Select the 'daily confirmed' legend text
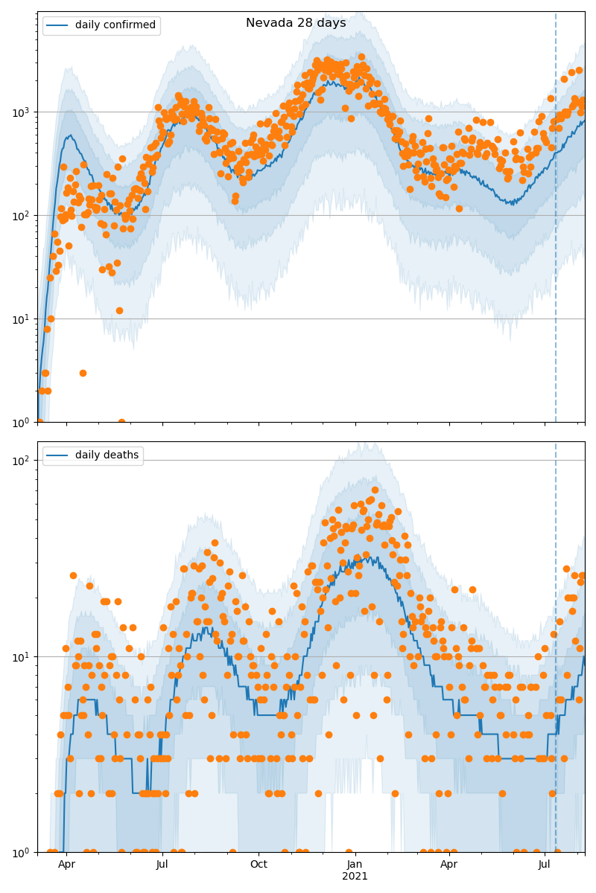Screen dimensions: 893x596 pyautogui.click(x=115, y=25)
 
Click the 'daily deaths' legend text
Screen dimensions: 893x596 pyautogui.click(x=107, y=455)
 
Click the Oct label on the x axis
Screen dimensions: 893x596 pyautogui.click(x=259, y=864)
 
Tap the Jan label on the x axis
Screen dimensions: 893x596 pyautogui.click(x=355, y=864)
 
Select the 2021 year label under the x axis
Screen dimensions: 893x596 pyautogui.click(x=355, y=876)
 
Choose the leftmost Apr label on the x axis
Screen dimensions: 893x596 pyautogui.click(x=66, y=864)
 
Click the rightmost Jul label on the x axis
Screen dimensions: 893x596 pyautogui.click(x=545, y=864)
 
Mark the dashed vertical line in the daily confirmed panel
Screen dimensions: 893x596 pyautogui.click(x=556, y=223)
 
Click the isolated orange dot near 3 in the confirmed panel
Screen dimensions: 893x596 pyautogui.click(x=83, y=373)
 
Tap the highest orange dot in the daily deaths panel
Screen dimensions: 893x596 pyautogui.click(x=375, y=490)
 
